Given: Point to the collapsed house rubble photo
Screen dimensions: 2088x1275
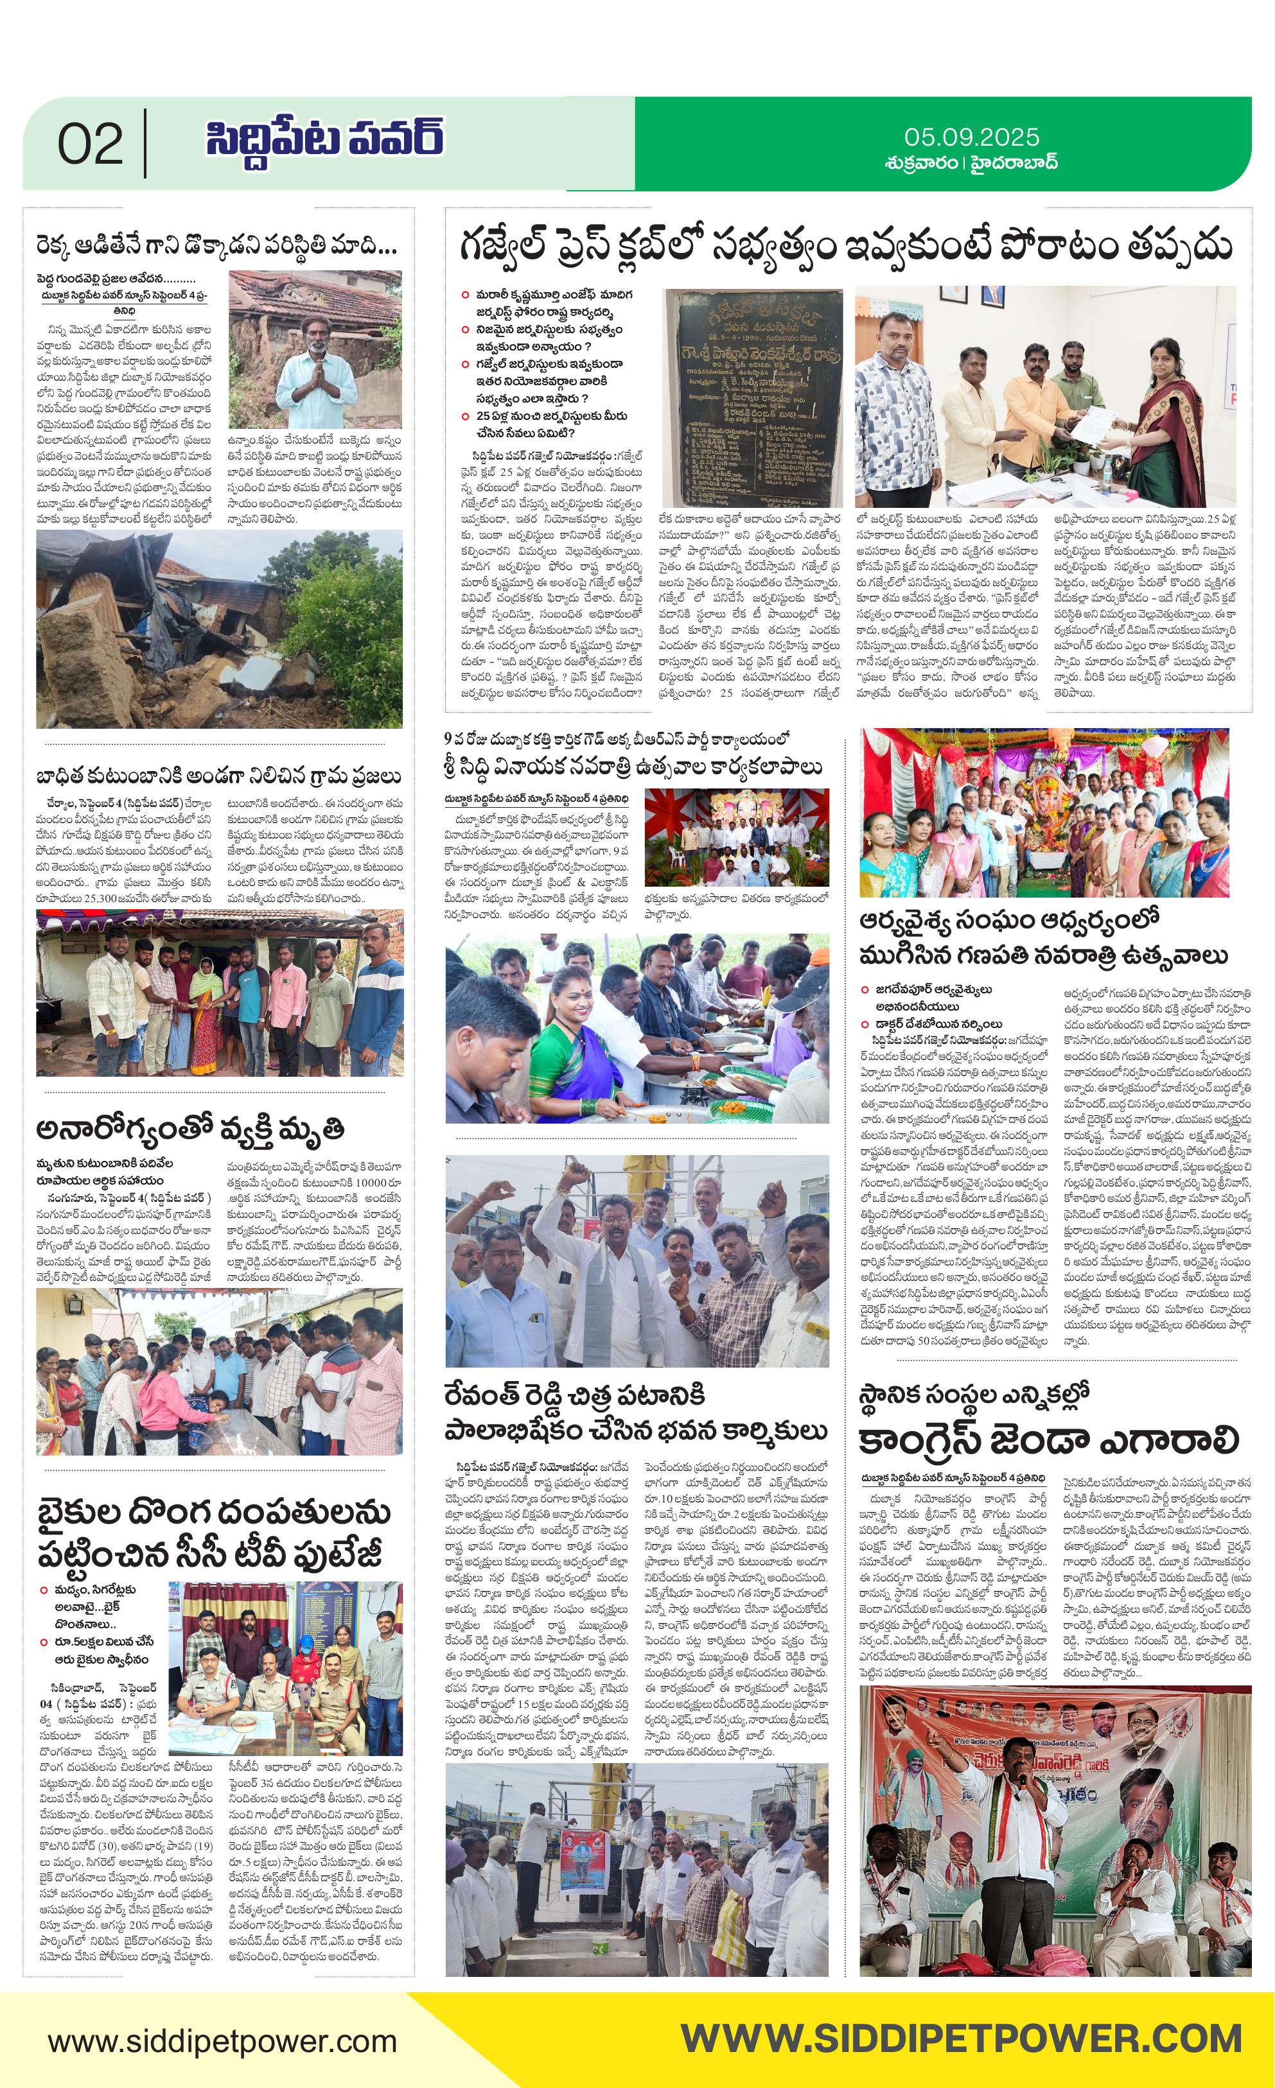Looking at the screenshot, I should point(219,629).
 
